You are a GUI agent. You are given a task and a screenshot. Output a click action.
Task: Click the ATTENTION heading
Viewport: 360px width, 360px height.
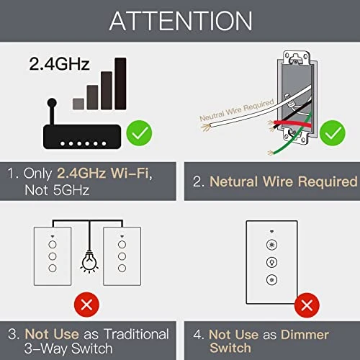click(x=180, y=21)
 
